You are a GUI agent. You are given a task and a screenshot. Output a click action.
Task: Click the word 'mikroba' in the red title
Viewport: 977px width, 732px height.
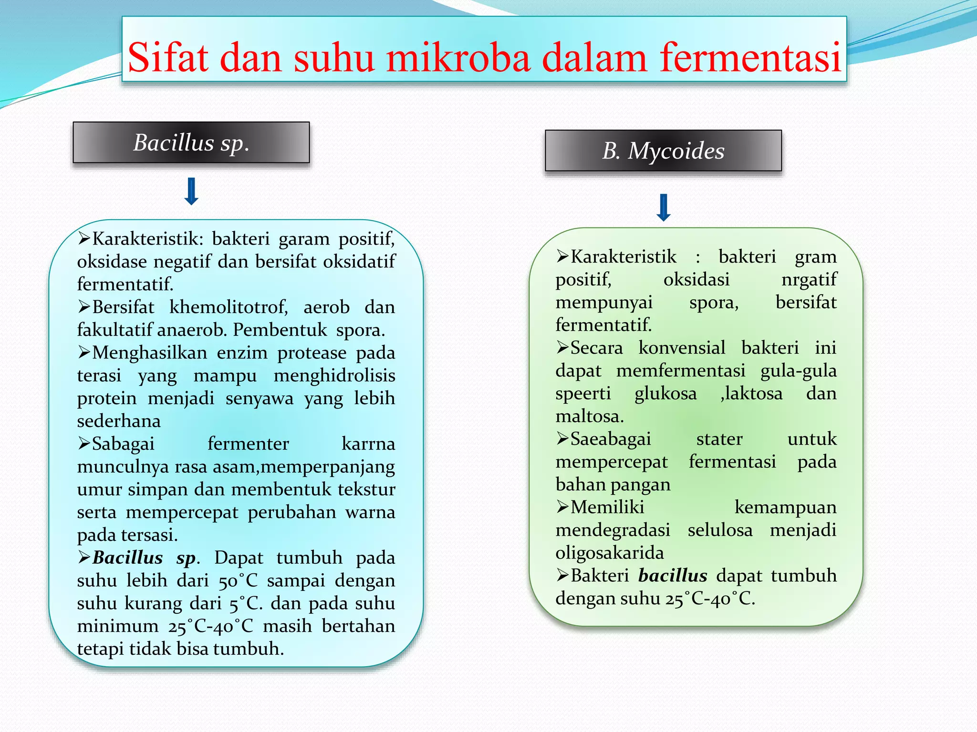(x=458, y=58)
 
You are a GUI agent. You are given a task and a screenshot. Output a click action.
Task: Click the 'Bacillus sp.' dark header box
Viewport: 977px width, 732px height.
(x=191, y=142)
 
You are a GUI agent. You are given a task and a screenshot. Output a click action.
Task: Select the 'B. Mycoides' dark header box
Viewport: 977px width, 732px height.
(x=663, y=151)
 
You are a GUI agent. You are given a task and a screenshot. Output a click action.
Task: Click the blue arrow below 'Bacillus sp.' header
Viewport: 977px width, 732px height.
(x=191, y=191)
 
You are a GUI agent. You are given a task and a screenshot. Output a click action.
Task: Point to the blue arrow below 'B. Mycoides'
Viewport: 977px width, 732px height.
(x=664, y=207)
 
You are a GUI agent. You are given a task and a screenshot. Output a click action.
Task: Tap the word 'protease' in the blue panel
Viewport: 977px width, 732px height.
(x=312, y=353)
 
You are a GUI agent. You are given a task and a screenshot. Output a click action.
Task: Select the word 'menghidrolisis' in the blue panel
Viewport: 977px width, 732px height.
(x=334, y=376)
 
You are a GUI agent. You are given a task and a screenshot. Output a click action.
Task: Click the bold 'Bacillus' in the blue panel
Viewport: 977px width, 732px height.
(x=127, y=558)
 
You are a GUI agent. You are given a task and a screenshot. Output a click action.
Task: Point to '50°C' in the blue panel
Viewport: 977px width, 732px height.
(x=238, y=581)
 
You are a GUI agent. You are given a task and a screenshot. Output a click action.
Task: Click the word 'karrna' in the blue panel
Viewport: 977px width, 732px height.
(x=368, y=444)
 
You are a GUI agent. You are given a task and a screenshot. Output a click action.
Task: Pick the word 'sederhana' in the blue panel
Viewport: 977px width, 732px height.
(x=119, y=421)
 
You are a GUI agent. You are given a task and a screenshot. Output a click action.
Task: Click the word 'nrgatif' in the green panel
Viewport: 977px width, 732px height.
(x=809, y=280)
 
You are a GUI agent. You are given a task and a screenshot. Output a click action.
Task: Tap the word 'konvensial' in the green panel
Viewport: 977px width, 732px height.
(x=682, y=348)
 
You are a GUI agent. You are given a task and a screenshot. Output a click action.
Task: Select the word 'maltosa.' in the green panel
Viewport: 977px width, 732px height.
(x=590, y=417)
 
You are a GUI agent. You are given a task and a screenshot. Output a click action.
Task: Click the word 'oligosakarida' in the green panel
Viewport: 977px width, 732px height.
(x=610, y=553)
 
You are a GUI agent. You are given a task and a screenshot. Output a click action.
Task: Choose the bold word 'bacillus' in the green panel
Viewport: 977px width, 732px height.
(x=673, y=576)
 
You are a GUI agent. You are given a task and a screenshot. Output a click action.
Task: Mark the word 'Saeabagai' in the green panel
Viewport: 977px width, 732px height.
(x=611, y=439)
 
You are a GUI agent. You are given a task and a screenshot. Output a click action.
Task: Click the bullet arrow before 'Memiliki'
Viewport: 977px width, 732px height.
(x=562, y=507)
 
